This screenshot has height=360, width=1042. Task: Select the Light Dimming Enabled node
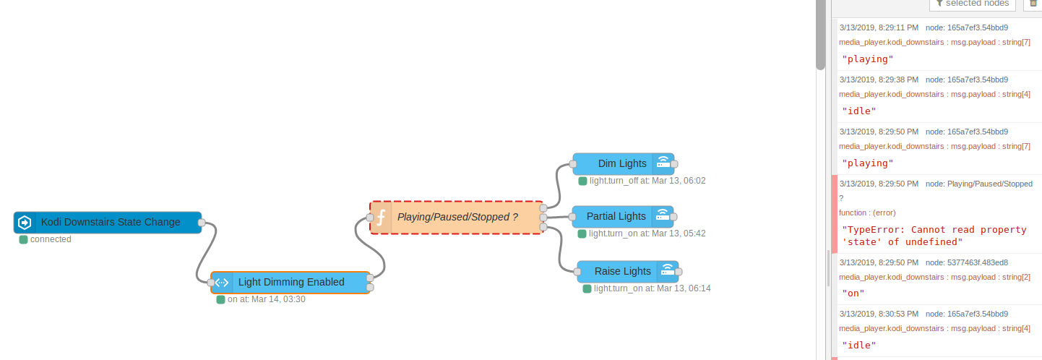coord(291,282)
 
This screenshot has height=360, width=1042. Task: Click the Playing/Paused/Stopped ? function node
coord(457,217)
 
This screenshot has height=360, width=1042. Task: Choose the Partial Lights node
coord(616,216)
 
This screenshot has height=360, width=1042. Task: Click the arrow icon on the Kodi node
coord(25,223)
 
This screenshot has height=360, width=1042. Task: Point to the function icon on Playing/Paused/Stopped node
coord(381,217)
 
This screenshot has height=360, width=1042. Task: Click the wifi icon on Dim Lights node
coord(662,164)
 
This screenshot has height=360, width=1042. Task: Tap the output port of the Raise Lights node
coord(679,271)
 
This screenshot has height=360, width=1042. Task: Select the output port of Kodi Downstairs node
coord(202,222)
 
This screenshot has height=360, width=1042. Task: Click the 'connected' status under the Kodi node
coord(51,239)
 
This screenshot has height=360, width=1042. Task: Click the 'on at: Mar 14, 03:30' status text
coord(266,299)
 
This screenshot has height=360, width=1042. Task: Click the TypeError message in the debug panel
coord(934,236)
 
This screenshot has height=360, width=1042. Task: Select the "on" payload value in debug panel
coord(853,293)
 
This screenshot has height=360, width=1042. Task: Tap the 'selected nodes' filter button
coord(973,4)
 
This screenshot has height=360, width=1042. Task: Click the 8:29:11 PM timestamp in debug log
coord(879,27)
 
